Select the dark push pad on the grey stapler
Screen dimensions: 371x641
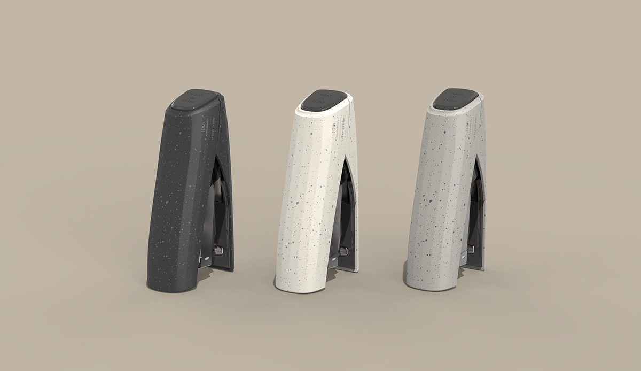pos(455,98)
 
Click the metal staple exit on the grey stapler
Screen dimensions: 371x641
pos(471,249)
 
